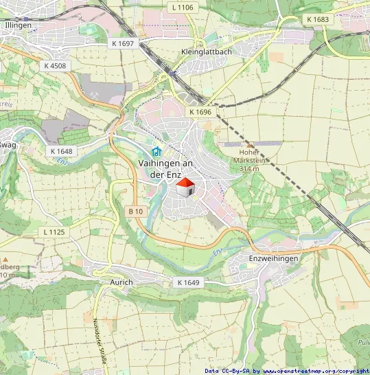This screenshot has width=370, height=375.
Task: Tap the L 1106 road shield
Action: [x=183, y=7]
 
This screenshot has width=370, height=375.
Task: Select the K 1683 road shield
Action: [x=318, y=19]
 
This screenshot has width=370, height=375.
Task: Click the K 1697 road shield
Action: [x=124, y=43]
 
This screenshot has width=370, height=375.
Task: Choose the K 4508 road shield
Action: [x=54, y=66]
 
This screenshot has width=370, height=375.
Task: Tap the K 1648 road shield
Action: [x=61, y=150]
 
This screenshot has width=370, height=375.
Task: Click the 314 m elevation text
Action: [x=249, y=168]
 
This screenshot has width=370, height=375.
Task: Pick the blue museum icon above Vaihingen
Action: [x=156, y=152]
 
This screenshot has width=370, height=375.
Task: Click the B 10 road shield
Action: [x=135, y=212]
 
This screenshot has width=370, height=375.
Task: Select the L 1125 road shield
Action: [x=54, y=232]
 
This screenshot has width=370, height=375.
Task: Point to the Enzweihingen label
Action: [x=273, y=258]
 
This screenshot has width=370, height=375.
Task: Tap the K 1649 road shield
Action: [x=187, y=282]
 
